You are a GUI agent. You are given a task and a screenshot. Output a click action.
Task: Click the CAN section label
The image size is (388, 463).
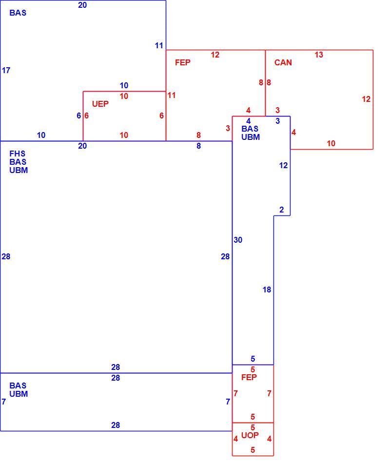click(x=283, y=62)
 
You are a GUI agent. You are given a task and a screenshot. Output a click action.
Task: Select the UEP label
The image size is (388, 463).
click(x=100, y=104)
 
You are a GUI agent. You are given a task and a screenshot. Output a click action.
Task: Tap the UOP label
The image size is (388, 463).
click(x=250, y=435)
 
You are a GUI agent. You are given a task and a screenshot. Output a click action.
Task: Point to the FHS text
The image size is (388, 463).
click(x=18, y=154)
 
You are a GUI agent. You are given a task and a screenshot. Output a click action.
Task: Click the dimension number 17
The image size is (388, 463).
click(x=6, y=70)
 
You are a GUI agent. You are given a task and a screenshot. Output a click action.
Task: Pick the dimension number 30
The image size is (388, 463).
click(x=238, y=240)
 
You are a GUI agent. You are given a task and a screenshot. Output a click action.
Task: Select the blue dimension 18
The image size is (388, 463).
click(x=267, y=289)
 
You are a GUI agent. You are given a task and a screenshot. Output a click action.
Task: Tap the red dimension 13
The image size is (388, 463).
click(x=319, y=55)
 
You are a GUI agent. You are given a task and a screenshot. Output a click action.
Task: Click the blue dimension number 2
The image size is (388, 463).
click(x=281, y=210)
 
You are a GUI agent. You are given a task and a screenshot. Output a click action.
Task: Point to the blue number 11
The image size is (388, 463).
click(x=159, y=45)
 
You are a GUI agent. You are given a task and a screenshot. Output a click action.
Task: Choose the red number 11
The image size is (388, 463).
click(x=171, y=95)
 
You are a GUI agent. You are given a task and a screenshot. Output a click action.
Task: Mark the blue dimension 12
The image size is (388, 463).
click(x=283, y=165)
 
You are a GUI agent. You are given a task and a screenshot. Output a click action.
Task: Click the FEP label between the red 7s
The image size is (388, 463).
click(x=249, y=377)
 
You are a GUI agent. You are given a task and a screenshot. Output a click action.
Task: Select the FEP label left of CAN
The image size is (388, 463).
click(x=183, y=62)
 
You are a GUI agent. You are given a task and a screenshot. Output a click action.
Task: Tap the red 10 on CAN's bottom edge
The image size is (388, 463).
click(x=331, y=143)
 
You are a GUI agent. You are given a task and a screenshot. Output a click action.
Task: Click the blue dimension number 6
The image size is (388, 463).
click(x=78, y=116)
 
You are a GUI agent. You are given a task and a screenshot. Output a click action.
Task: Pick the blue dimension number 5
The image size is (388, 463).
click(x=253, y=359)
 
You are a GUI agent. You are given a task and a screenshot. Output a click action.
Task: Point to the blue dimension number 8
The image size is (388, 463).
click(x=199, y=146)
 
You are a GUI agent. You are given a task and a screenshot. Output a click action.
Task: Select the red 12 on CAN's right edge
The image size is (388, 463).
click(x=366, y=99)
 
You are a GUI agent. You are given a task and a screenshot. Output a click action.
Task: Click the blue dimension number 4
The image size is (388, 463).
click(x=248, y=121)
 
